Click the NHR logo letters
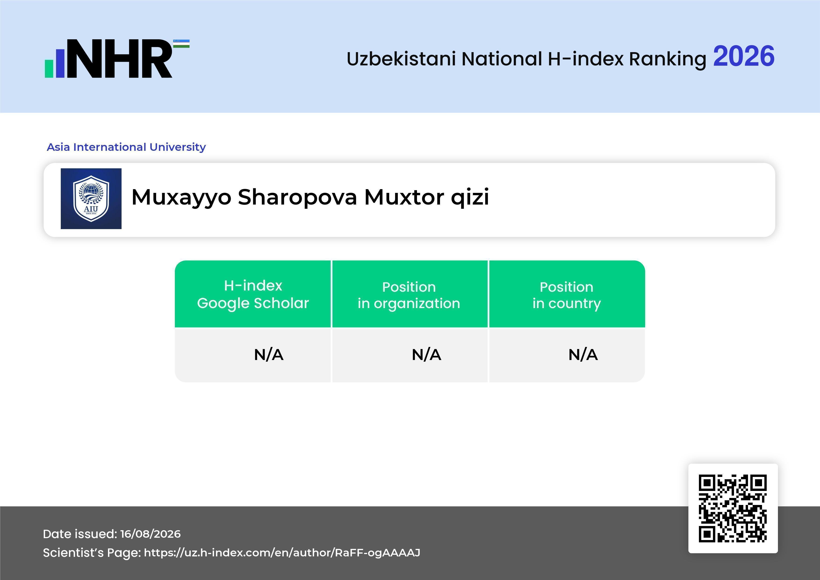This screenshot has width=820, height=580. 120,59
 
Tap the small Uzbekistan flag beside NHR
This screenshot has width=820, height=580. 181,43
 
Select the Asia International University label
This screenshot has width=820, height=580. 126,147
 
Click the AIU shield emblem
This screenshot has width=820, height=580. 91,198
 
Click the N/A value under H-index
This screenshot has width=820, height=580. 269,355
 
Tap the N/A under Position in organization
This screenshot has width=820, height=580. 426,355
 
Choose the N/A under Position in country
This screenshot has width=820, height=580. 583,355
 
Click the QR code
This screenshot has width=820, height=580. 733,508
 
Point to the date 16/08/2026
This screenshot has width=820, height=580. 150,534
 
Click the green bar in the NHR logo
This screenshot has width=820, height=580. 49,68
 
